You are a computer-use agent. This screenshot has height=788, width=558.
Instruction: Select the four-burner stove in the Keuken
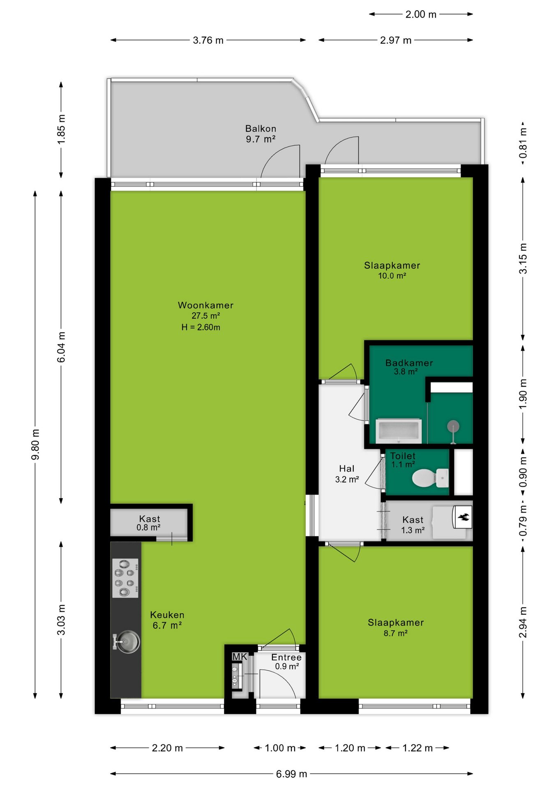click(x=125, y=578)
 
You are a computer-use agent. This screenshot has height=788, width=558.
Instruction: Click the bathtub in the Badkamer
click(x=399, y=431)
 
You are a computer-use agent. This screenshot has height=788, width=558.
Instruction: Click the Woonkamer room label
click(x=205, y=305)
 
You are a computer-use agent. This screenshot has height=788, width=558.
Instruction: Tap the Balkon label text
click(x=261, y=129)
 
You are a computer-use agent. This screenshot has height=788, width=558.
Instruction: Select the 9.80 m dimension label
click(x=36, y=444)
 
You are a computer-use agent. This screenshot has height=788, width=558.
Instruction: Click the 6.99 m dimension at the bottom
click(x=291, y=774)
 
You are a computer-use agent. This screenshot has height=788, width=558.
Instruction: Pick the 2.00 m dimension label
click(x=421, y=14)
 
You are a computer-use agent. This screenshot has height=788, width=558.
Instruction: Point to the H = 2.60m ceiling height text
click(x=201, y=328)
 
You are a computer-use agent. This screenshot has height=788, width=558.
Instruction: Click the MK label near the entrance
click(x=240, y=657)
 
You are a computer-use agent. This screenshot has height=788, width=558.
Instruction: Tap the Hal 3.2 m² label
click(x=347, y=474)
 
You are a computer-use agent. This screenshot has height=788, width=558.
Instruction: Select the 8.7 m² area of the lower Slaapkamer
click(x=396, y=633)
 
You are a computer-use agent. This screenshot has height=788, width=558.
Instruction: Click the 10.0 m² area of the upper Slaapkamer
click(x=392, y=276)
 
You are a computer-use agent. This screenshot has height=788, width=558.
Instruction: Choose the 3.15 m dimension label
click(x=523, y=258)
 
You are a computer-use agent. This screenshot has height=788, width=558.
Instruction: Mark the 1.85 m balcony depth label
click(x=61, y=129)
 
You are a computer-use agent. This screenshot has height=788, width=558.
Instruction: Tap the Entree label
click(x=286, y=657)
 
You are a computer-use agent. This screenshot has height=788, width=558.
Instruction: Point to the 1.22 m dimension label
click(x=417, y=748)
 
